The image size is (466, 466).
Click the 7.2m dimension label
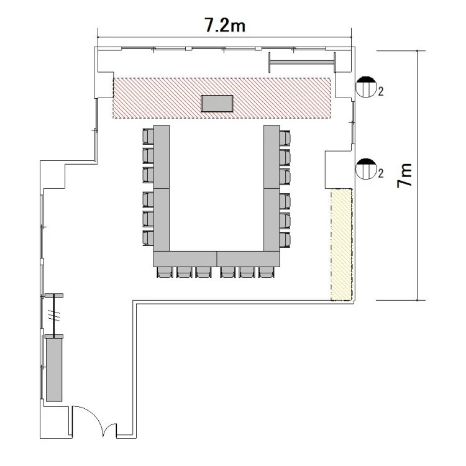225,25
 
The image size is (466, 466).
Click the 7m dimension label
404,175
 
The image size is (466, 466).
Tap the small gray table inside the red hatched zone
217,103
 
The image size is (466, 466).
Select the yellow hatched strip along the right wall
342,244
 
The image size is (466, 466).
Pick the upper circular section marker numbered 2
366,86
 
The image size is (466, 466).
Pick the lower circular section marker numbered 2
366,169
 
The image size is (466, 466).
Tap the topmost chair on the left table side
148,136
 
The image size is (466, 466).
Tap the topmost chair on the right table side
285,138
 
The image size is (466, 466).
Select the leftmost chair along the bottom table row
165,272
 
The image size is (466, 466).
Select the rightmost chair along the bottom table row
266,272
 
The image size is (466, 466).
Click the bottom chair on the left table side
148,238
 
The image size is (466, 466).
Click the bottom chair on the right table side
285,240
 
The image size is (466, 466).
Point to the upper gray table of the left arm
162,157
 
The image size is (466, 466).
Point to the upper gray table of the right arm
272,157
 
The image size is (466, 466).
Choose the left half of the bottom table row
185,259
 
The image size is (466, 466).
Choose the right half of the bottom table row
248,259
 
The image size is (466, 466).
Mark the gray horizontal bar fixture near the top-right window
302,62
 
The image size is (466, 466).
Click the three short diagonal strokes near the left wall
55,316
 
